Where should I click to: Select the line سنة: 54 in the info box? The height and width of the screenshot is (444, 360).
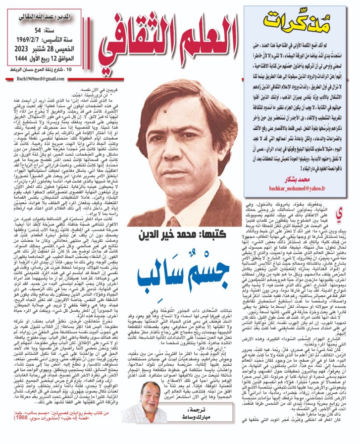pos(62,31)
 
